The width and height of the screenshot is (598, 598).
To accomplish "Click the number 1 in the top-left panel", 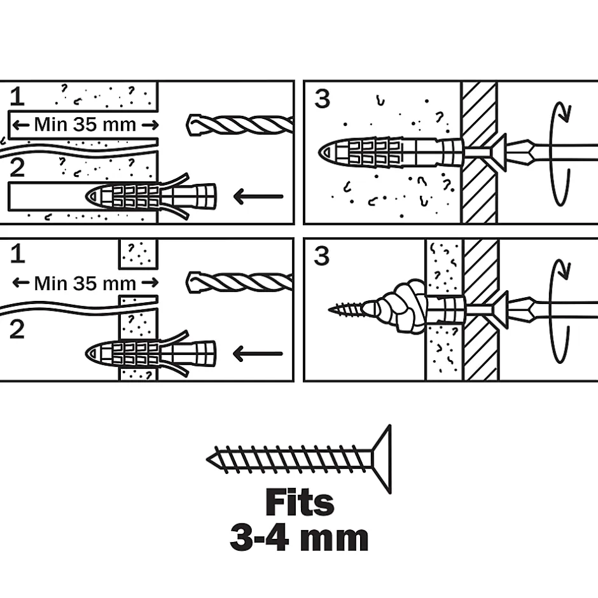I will point(17,97).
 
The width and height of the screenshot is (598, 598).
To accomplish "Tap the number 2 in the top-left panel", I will point(17,167).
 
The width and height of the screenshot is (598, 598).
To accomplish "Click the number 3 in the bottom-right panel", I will point(323,256).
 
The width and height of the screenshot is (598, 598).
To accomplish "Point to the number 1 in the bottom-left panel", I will point(17,254).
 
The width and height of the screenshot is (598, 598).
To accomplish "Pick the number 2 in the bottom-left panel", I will point(17,329).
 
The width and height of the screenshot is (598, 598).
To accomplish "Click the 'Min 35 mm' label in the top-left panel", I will point(85,123).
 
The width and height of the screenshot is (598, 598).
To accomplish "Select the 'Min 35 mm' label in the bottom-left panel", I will point(85,282).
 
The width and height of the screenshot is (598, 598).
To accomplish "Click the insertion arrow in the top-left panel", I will point(258,197).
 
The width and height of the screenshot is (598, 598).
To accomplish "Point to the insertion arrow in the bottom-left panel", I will point(258,354).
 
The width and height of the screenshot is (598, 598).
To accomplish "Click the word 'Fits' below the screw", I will point(299,503).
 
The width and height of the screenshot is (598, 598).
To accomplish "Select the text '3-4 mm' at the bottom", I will point(299,538).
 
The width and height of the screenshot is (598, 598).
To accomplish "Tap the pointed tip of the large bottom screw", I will point(210,458).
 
